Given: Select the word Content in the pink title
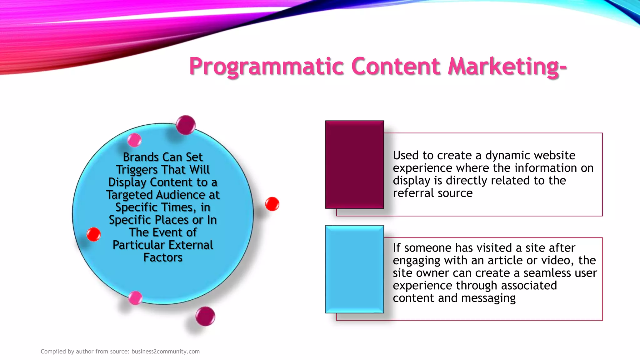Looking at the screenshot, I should [396, 66].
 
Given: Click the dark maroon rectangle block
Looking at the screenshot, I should [354, 164].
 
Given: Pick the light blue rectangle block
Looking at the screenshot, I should [354, 269].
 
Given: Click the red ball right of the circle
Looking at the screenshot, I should [272, 204].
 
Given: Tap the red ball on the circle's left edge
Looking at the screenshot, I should [93, 234].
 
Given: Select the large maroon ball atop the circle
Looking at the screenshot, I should [186, 125].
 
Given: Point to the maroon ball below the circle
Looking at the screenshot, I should [205, 316].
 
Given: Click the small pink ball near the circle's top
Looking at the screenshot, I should [135, 140].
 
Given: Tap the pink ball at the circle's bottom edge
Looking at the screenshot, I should [135, 298].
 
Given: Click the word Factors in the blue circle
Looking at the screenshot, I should [163, 257].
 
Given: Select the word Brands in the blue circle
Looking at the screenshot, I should [141, 157].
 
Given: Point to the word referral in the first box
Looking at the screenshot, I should [413, 193].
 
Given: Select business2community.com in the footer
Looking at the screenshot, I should [165, 351].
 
